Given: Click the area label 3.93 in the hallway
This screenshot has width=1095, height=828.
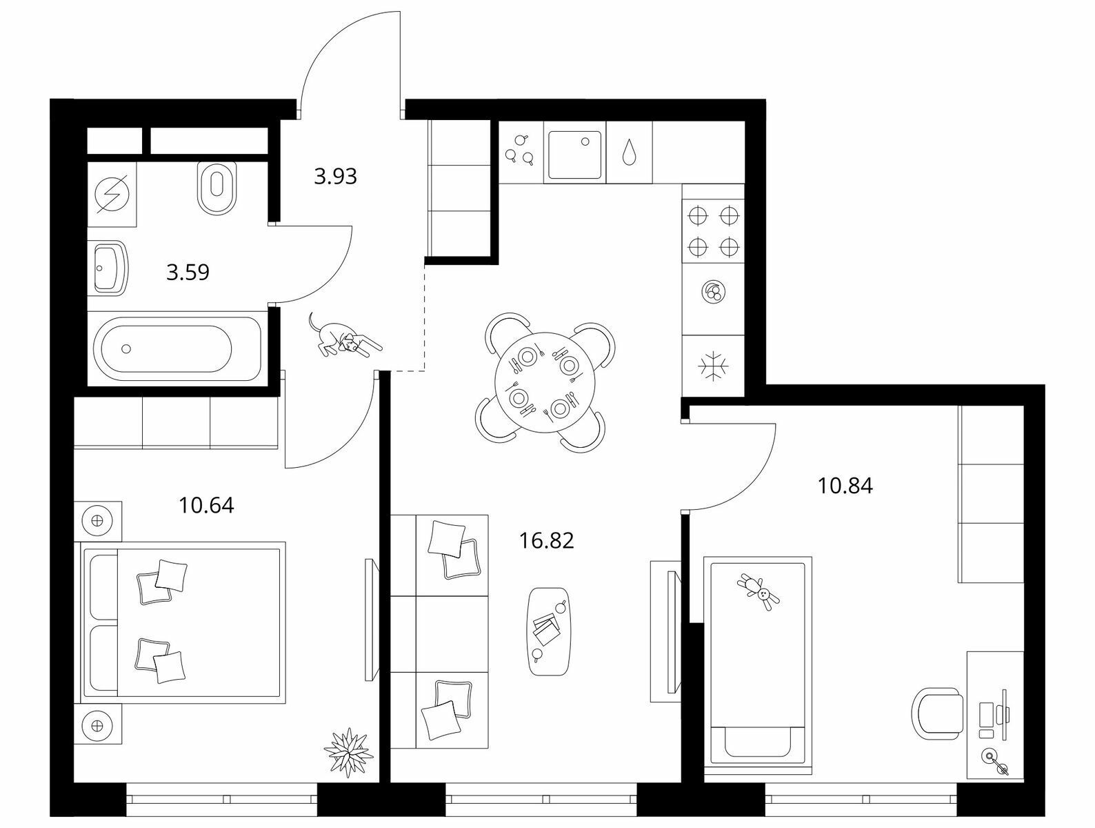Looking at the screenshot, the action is tap(335, 177).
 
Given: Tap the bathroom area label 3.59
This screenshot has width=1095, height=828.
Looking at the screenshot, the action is tap(188, 273).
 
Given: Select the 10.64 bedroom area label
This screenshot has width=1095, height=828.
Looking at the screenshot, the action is tap(206, 506).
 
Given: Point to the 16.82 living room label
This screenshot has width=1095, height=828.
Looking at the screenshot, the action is tap(547, 540).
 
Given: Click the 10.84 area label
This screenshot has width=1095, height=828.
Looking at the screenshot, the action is tap(845, 486).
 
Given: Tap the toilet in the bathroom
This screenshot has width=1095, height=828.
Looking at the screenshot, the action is tap(217, 188).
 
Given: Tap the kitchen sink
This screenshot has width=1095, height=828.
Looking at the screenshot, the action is tap(574, 154).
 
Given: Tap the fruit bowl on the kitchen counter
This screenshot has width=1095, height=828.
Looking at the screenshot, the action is tap(714, 291).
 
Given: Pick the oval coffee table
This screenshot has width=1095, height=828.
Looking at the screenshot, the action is tap(549, 631).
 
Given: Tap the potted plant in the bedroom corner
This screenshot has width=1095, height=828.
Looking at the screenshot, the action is tap(348, 752).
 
